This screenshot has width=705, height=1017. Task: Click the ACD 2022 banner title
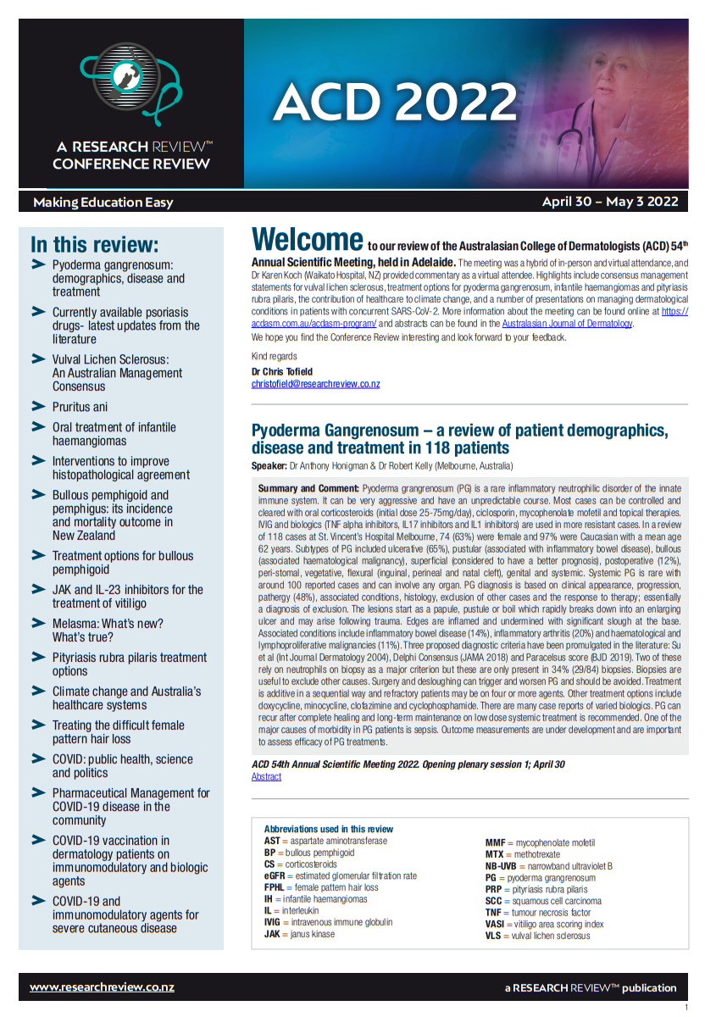[395, 103]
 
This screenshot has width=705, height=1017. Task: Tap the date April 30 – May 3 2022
[610, 202]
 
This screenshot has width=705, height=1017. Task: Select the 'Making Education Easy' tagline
[103, 203]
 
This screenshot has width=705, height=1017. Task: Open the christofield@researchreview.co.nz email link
[315, 384]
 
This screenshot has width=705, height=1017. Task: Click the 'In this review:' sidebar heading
[94, 245]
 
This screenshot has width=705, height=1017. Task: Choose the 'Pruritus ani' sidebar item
[80, 407]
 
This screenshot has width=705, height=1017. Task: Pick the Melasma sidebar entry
[108, 630]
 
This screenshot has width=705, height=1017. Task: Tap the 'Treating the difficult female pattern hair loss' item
[119, 731]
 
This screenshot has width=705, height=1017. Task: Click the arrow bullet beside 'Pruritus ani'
[38, 406]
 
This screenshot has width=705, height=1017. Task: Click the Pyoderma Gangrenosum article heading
[459, 439]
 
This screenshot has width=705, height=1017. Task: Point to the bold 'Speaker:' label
[269, 467]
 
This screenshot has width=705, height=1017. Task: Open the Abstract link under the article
[266, 776]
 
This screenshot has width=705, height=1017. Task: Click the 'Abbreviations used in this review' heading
[328, 829]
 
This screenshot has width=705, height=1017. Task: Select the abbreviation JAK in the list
[274, 934]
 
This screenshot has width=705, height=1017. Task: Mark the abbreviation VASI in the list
[495, 924]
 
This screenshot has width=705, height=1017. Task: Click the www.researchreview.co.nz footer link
[102, 987]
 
